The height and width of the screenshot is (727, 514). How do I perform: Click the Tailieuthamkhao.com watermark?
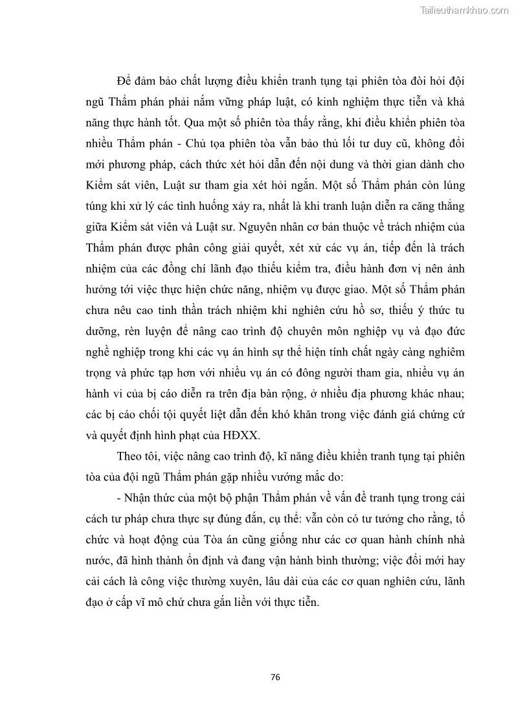coord(464,10)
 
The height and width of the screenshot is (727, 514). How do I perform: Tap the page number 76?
coord(275,677)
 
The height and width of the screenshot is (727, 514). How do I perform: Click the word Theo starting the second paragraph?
coord(131,456)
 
